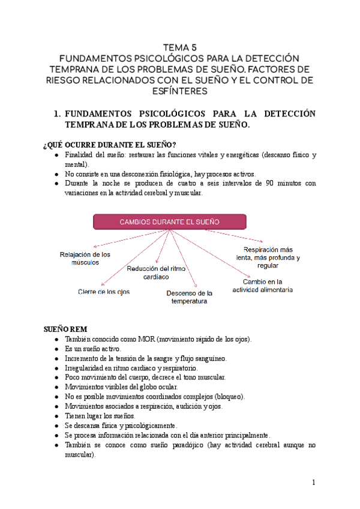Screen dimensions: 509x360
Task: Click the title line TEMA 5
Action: tap(180, 47)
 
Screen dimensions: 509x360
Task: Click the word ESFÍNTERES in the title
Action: tap(180, 91)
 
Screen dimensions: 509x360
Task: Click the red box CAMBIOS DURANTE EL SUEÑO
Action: tap(170, 221)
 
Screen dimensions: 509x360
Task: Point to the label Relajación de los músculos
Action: tap(85, 259)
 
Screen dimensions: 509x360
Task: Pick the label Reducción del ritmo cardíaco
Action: tap(156, 273)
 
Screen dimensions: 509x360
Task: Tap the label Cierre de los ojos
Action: tap(103, 292)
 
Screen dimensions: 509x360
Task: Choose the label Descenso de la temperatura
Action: tap(189, 297)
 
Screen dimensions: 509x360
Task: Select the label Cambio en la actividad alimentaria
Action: tap(263, 285)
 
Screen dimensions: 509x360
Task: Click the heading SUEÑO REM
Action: tap(66, 329)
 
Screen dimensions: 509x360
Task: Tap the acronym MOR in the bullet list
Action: tap(147, 339)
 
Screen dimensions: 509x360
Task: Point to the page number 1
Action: tap(313, 482)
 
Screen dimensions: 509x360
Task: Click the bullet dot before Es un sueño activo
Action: tap(56, 349)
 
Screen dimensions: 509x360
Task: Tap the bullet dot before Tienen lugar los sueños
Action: tap(56, 416)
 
